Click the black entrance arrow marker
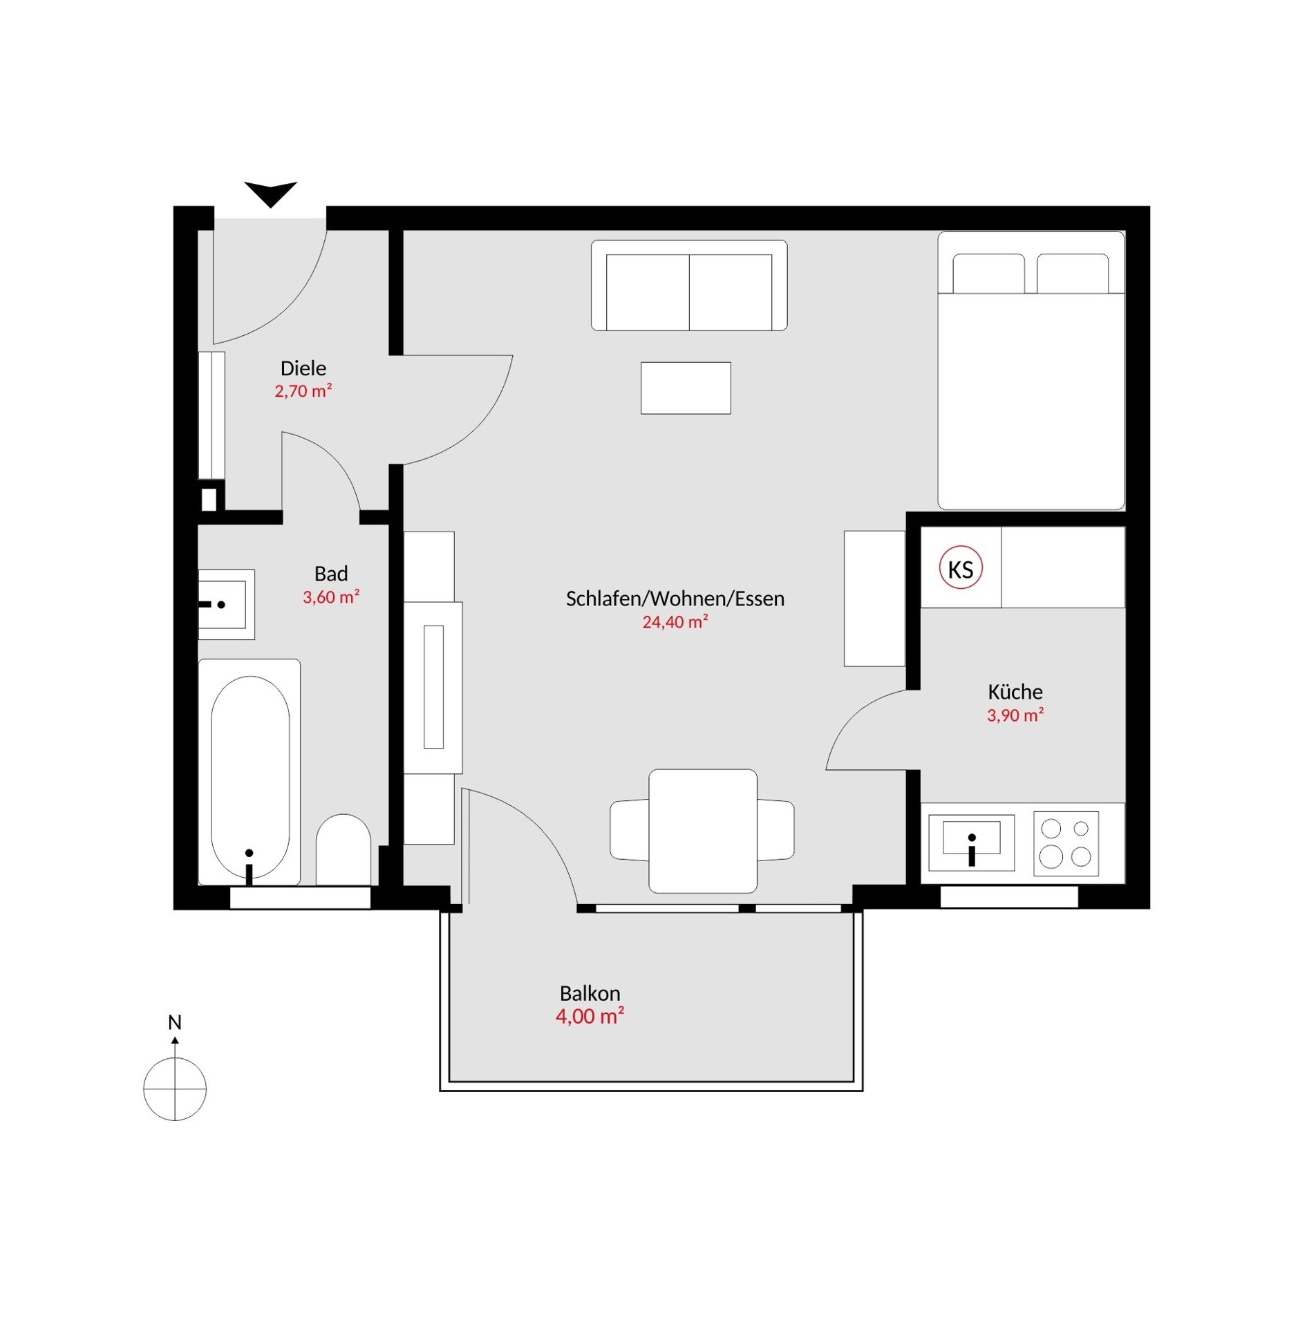pyautogui.click(x=270, y=192)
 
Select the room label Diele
pyautogui.click(x=303, y=368)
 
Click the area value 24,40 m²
pyautogui.click(x=675, y=621)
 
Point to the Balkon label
pyautogui.click(x=590, y=993)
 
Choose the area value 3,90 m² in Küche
pyautogui.click(x=1015, y=715)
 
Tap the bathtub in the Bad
pyautogui.click(x=249, y=772)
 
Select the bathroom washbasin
pyautogui.click(x=226, y=604)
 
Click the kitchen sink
pyautogui.click(x=970, y=843)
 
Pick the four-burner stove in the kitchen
pyautogui.click(x=1065, y=843)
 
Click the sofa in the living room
pyautogui.click(x=688, y=285)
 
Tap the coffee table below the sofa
pyautogui.click(x=685, y=388)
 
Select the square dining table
pyautogui.click(x=702, y=830)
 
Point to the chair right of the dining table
pyautogui.click(x=775, y=830)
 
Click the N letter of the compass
pyautogui.click(x=175, y=1022)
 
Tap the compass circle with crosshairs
pyautogui.click(x=175, y=1089)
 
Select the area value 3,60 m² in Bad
pyautogui.click(x=330, y=596)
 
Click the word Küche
pyautogui.click(x=1015, y=691)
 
